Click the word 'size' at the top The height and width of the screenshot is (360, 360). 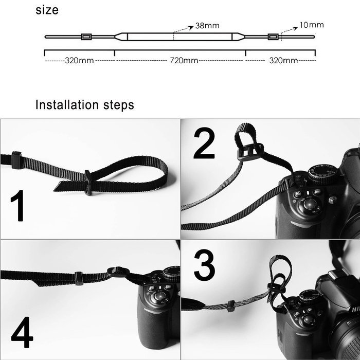pos(47,10)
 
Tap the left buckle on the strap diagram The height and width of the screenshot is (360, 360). pos(86,37)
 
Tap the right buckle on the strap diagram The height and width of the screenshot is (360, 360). pos(273,37)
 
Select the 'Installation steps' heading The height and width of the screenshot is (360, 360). pos(85,105)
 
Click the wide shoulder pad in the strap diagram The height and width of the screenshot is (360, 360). pos(180,37)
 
